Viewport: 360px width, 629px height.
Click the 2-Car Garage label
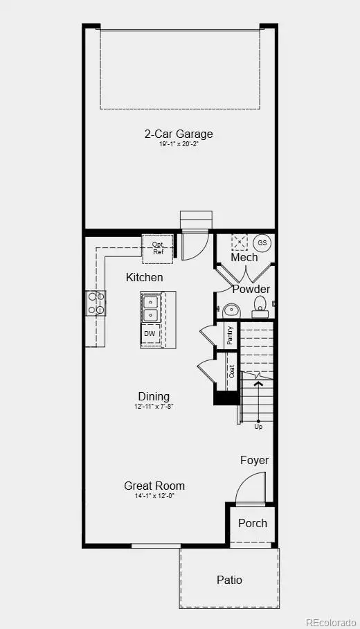point(179,134)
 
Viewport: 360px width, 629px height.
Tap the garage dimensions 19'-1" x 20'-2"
point(179,145)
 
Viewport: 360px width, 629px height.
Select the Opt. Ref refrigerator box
point(158,248)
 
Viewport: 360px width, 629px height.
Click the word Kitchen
point(145,277)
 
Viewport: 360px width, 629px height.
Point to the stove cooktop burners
point(96,303)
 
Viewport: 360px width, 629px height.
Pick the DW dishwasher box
point(150,334)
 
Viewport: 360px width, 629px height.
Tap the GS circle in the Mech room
point(262,243)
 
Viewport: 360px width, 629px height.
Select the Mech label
point(244,257)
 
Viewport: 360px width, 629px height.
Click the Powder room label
point(251,289)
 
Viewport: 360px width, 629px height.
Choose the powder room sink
point(231,309)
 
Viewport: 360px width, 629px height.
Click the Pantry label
point(231,335)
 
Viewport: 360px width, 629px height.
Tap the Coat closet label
point(232,371)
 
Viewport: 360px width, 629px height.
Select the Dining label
point(154,397)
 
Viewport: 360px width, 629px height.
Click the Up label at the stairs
point(258,426)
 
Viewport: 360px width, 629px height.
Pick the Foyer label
point(254,460)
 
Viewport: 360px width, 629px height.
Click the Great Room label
point(154,486)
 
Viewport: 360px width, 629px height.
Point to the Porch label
point(253,523)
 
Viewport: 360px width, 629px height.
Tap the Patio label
point(229,580)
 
